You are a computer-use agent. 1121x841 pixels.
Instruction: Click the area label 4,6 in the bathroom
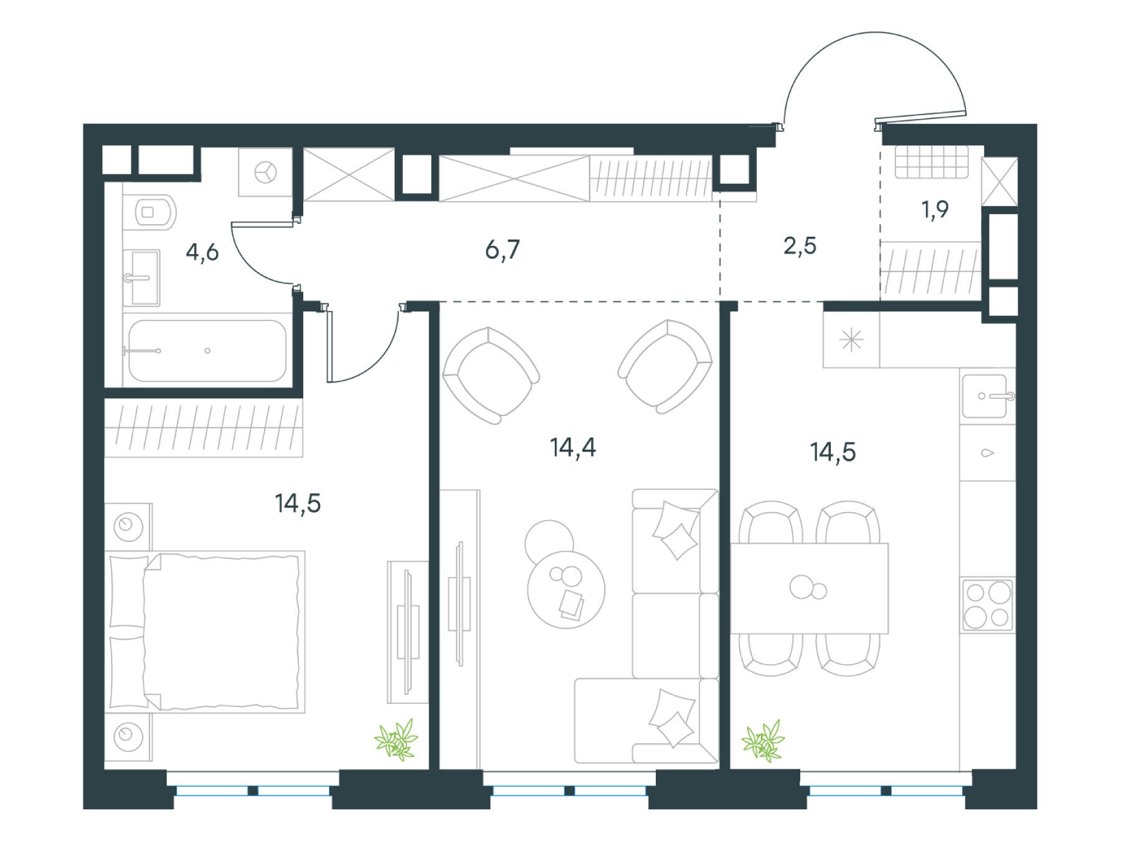pyautogui.click(x=202, y=254)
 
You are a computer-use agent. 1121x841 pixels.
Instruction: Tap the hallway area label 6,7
pyautogui.click(x=502, y=250)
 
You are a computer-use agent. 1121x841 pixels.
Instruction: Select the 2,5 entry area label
pyautogui.click(x=800, y=247)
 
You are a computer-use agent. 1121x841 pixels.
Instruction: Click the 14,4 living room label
pyautogui.click(x=573, y=448)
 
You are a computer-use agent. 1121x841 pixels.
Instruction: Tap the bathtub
pyautogui.click(x=207, y=351)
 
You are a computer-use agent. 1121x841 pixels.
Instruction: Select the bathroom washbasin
pyautogui.click(x=142, y=278)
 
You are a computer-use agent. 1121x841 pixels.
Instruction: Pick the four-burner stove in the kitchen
pyautogui.click(x=988, y=604)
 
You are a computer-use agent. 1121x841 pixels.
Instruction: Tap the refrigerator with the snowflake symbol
pyautogui.click(x=851, y=341)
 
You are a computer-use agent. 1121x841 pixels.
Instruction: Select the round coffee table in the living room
pyautogui.click(x=566, y=589)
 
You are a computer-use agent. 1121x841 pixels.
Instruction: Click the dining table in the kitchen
pyautogui.click(x=810, y=588)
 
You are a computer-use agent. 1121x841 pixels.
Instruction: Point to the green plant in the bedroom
pyautogui.click(x=396, y=739)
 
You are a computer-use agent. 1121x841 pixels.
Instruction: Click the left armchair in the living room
pyautogui.click(x=491, y=375)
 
